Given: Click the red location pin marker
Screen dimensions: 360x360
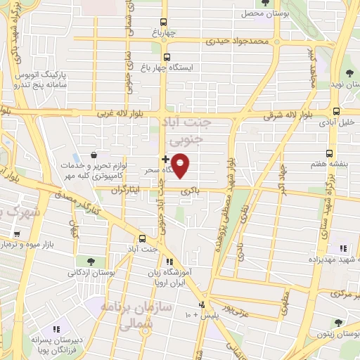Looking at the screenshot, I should click(x=181, y=165).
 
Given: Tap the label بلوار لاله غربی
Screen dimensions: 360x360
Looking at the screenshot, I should click(x=104, y=112).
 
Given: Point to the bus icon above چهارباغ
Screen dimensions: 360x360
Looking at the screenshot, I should click(x=163, y=22).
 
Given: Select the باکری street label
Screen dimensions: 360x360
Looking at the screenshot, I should click(x=186, y=191).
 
